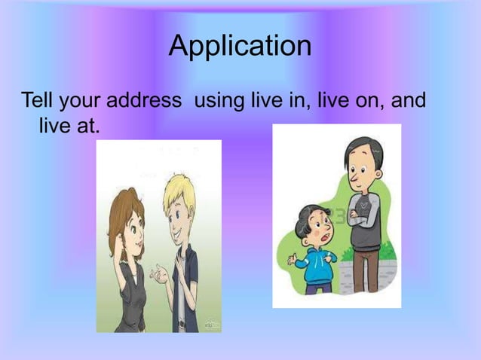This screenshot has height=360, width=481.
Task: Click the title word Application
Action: (x=240, y=47)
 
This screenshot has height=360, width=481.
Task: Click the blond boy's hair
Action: (x=181, y=189)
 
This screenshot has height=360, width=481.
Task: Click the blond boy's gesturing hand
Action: (x=160, y=274)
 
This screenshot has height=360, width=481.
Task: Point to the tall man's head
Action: (x=361, y=163)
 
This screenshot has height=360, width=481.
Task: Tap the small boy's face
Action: (x=314, y=227)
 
